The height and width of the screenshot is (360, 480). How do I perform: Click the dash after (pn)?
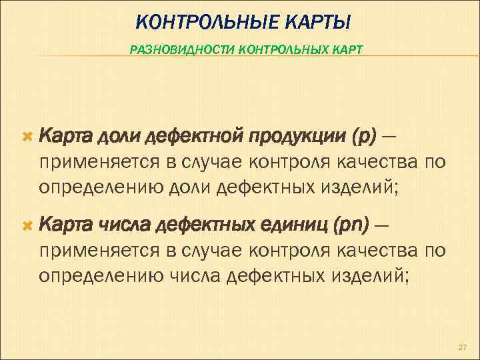point(382,228)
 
